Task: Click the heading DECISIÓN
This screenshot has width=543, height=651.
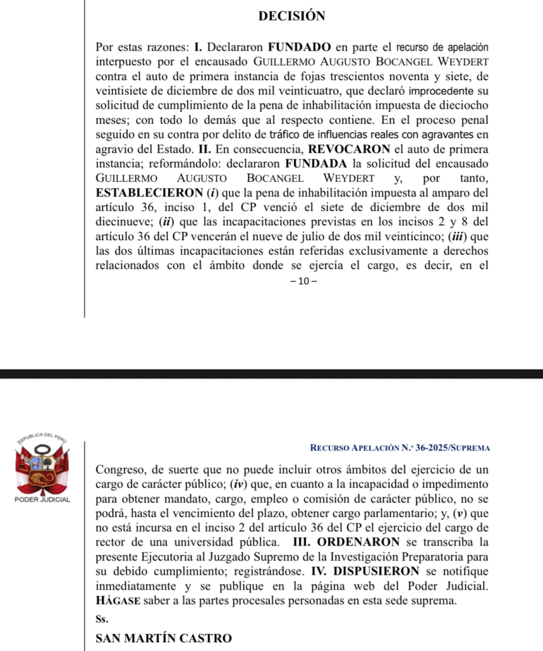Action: [292, 17]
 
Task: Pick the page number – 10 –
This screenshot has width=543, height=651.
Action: [298, 281]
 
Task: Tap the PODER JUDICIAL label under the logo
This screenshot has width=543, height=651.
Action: [42, 500]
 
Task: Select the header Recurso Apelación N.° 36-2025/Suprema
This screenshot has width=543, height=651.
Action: [400, 448]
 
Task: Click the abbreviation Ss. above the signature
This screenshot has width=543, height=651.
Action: [102, 618]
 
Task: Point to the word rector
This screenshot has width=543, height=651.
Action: [109, 542]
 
